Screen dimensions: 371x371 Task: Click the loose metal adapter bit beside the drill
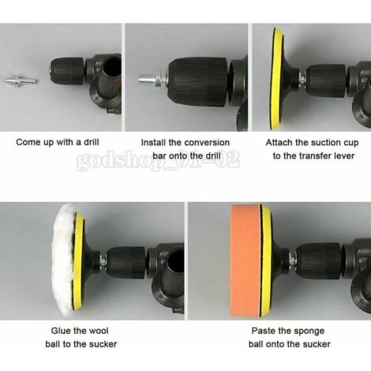click(21, 81)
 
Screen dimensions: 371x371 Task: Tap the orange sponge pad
click(245, 260)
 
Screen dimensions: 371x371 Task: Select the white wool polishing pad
click(63, 259)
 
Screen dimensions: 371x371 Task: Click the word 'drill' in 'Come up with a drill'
click(92, 142)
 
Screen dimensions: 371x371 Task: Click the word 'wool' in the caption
click(99, 331)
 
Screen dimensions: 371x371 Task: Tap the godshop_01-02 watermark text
click(158, 159)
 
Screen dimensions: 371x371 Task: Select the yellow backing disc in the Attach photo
click(277, 79)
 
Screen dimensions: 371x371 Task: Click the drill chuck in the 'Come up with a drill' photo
click(68, 71)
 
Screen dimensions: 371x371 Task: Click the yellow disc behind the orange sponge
click(267, 260)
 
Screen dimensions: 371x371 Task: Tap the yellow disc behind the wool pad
click(79, 260)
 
